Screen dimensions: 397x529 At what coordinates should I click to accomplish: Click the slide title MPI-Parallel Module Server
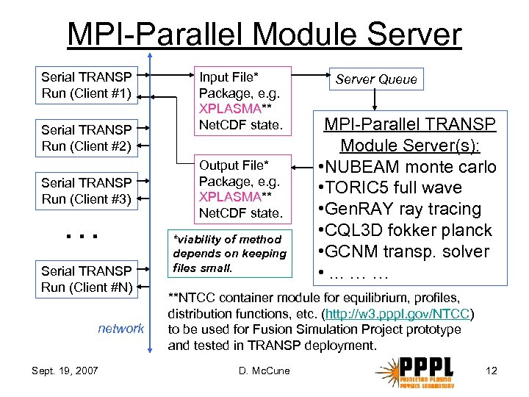point(264,35)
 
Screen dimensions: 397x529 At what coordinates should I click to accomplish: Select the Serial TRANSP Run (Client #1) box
point(87,85)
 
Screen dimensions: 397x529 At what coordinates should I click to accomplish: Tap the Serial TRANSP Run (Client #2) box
point(87,138)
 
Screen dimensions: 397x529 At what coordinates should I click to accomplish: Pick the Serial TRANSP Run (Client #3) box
point(87,191)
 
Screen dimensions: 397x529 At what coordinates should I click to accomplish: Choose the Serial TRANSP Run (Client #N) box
point(87,279)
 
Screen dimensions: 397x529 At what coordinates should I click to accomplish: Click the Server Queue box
point(376,79)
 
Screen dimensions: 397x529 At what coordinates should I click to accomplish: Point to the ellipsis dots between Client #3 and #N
point(81,236)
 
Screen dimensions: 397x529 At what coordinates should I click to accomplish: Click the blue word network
point(121,329)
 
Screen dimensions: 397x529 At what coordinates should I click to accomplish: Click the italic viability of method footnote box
point(228,254)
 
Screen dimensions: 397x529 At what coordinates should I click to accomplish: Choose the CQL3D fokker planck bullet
point(404,230)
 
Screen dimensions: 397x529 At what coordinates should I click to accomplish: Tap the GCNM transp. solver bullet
point(403,251)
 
